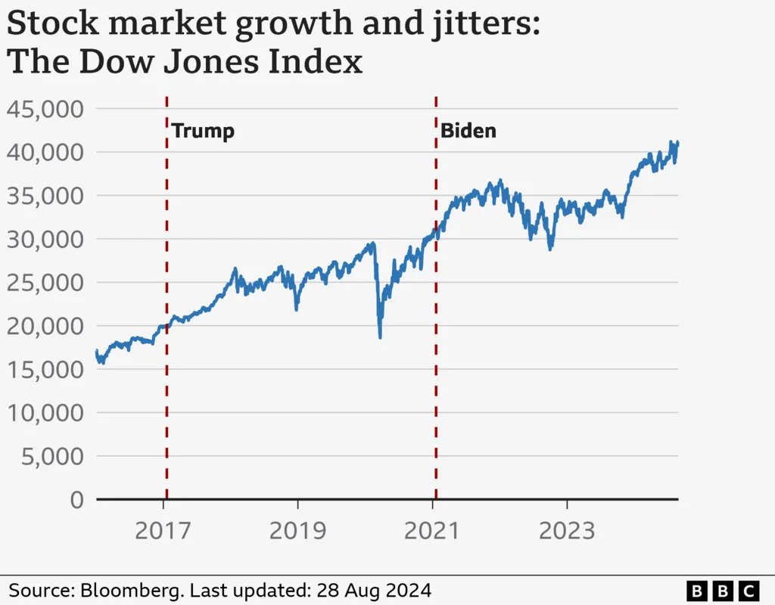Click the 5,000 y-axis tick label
pos(50,457)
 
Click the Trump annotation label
pos(203,131)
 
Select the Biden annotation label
pos(468,131)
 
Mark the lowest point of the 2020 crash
pos(380,337)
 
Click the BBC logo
pos(722,590)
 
